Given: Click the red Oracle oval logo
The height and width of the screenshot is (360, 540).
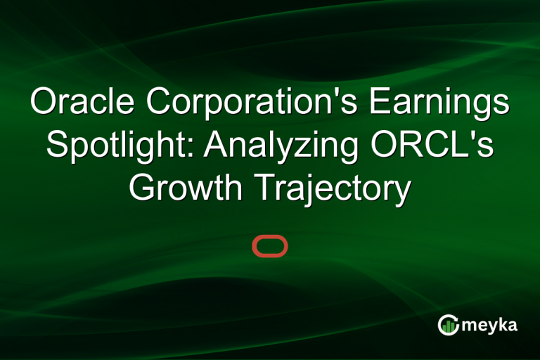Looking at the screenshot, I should coord(270,246).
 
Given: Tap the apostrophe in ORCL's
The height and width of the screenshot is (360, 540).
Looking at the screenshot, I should coord(482,136).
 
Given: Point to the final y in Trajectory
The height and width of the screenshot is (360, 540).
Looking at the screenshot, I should coord(402,192).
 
